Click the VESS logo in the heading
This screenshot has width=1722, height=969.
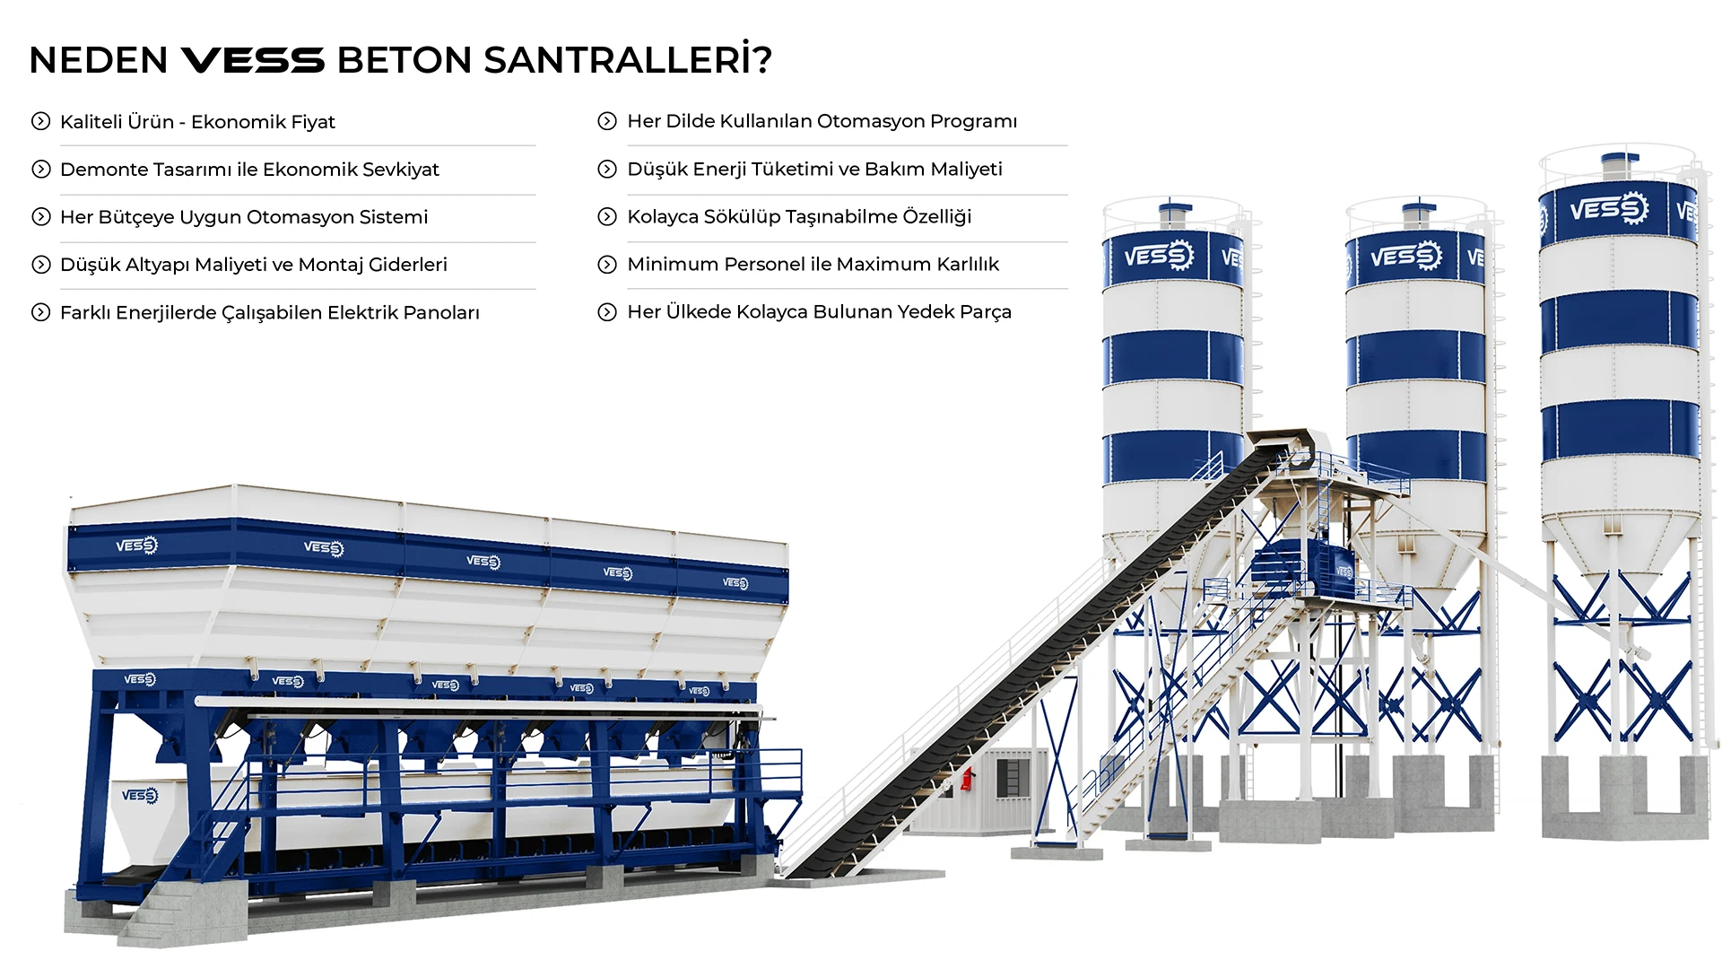click(x=252, y=61)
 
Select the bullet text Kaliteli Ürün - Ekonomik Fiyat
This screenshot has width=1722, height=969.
click(x=197, y=122)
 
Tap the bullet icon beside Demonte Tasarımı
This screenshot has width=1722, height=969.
click(x=40, y=170)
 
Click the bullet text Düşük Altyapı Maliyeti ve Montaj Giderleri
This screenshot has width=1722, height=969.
click(x=253, y=265)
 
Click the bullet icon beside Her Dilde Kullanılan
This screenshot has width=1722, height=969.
click(x=607, y=121)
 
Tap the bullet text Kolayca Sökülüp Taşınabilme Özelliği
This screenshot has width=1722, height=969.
click(x=799, y=216)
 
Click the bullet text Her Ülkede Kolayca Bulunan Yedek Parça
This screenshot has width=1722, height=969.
click(x=819, y=311)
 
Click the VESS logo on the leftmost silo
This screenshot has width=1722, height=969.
click(x=1159, y=257)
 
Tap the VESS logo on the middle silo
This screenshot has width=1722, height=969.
click(x=1405, y=257)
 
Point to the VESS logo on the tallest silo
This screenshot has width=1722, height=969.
click(x=1609, y=210)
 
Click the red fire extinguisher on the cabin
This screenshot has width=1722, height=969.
click(x=967, y=779)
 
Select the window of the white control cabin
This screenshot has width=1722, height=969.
click(x=1008, y=777)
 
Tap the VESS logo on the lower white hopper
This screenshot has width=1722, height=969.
click(x=139, y=795)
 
